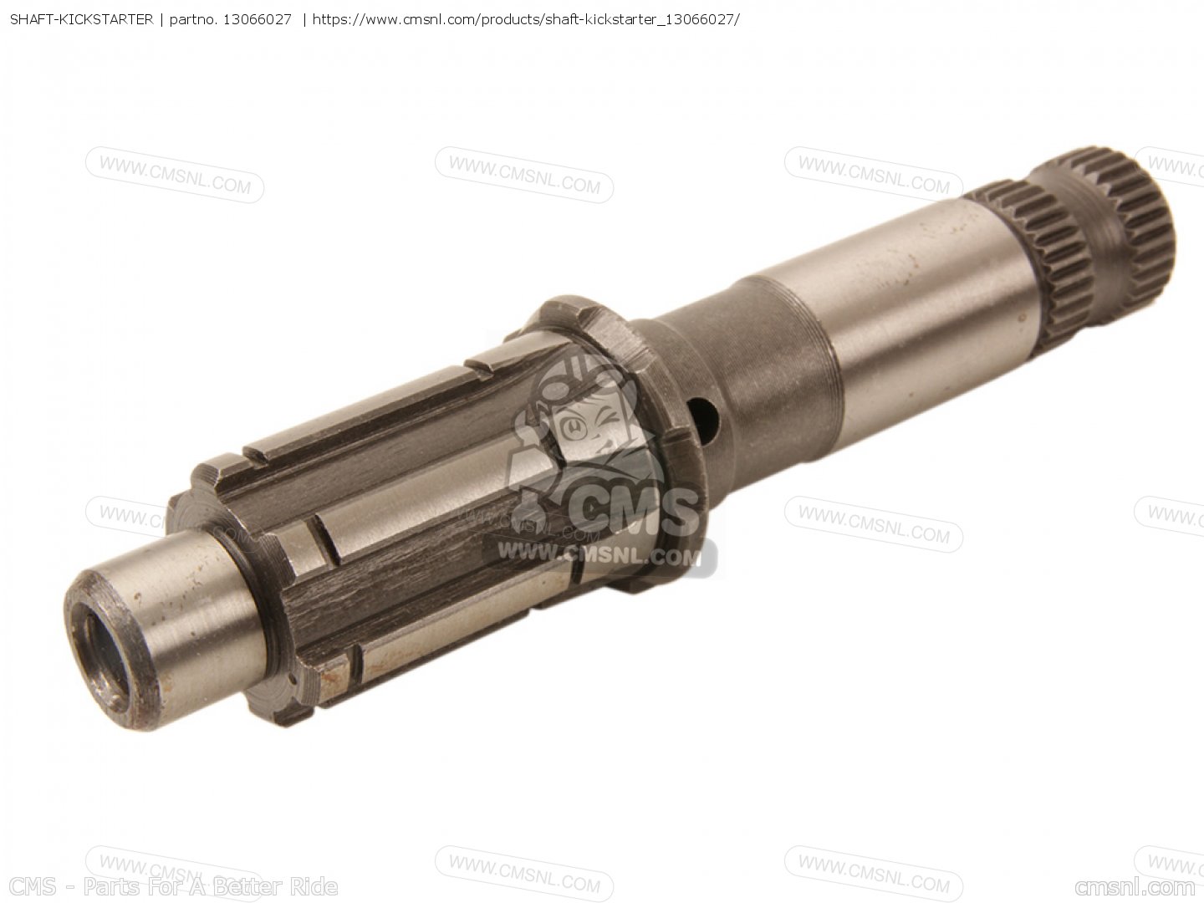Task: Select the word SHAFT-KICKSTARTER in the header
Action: click(x=82, y=20)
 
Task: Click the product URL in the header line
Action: click(x=525, y=20)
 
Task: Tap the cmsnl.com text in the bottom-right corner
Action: click(x=1135, y=886)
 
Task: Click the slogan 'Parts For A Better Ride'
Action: click(x=210, y=886)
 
